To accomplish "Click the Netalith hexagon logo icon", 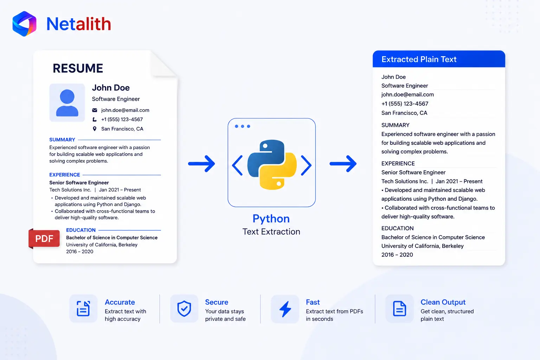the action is pyautogui.click(x=24, y=24).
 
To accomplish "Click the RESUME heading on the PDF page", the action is pyautogui.click(x=78, y=68).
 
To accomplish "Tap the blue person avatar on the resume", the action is pyautogui.click(x=67, y=103).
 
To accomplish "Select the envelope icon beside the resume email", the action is pyautogui.click(x=95, y=110).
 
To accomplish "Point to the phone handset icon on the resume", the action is pyautogui.click(x=95, y=120).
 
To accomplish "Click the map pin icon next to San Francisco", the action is pyautogui.click(x=95, y=129).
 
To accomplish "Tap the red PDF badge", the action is pyautogui.click(x=44, y=238).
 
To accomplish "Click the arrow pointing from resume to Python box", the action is pyautogui.click(x=201, y=164).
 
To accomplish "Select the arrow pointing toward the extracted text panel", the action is pyautogui.click(x=343, y=164).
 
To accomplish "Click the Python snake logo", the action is pyautogui.click(x=272, y=165).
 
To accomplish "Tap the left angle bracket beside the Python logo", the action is pyautogui.click(x=237, y=165).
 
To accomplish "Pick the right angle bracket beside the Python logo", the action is pyautogui.click(x=306, y=165).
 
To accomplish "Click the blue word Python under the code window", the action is pyautogui.click(x=271, y=219).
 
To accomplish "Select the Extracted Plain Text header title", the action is pyautogui.click(x=419, y=59).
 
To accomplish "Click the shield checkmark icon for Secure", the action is pyautogui.click(x=184, y=308).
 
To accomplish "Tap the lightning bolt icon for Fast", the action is pyautogui.click(x=285, y=309).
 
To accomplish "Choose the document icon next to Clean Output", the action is pyautogui.click(x=399, y=308).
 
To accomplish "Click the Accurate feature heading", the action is pyautogui.click(x=120, y=302).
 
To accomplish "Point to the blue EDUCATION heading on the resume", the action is pyautogui.click(x=81, y=230).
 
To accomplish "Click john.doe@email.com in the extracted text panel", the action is pyautogui.click(x=407, y=95).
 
